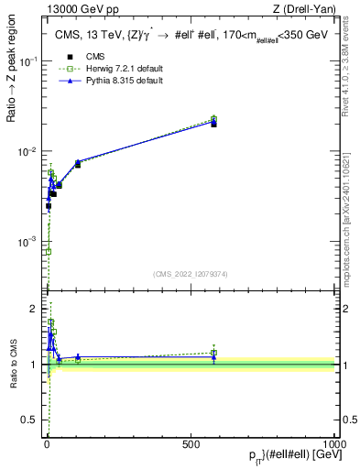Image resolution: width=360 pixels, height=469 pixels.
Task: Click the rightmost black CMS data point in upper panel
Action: (x=213, y=124)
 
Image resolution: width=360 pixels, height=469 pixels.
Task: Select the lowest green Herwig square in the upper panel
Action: (x=48, y=251)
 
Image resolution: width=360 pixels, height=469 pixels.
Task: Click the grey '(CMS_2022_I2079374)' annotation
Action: (x=191, y=272)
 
